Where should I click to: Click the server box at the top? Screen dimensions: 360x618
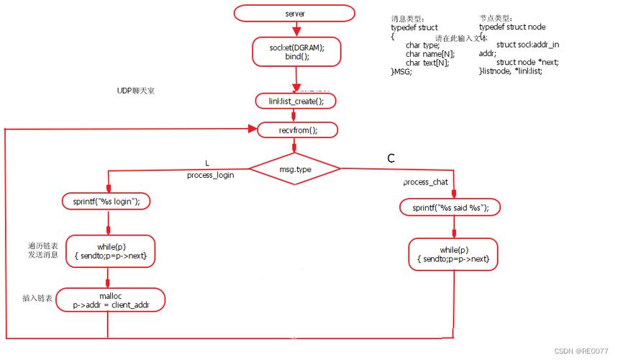(x=295, y=13)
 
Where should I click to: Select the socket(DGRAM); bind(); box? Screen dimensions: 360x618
(x=296, y=52)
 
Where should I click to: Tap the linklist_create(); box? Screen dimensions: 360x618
(x=296, y=102)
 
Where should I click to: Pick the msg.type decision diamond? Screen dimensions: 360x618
(x=295, y=168)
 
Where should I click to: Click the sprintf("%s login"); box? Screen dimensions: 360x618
(x=106, y=202)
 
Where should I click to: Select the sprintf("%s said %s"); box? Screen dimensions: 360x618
(x=450, y=207)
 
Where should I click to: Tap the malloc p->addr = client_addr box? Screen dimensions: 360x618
(x=110, y=300)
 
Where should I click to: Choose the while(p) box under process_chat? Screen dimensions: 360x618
(x=453, y=254)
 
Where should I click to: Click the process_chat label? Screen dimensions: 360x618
(x=425, y=182)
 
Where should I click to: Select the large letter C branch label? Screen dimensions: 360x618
(x=391, y=158)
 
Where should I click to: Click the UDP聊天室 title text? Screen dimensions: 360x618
(x=136, y=91)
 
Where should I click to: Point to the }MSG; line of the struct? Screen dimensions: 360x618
(x=401, y=72)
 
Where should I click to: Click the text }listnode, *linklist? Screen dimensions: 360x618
(x=510, y=72)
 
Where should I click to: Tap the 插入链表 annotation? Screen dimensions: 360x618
(x=37, y=297)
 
